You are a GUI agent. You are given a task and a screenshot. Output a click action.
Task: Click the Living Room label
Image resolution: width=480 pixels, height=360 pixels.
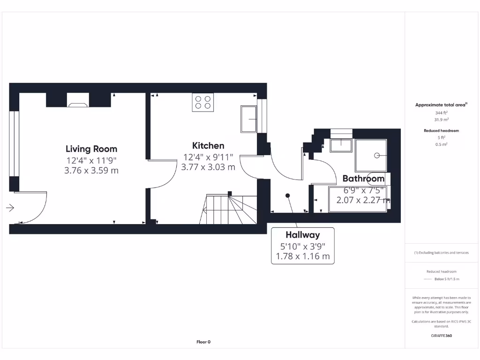pos(91,149)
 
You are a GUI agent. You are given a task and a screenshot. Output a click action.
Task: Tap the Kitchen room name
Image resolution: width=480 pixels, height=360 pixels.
pos(208,146)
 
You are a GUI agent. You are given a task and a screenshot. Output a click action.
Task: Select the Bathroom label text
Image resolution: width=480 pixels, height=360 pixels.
pos(363,179)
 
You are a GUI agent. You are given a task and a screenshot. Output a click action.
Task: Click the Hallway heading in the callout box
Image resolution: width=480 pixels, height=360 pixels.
pos(303,235)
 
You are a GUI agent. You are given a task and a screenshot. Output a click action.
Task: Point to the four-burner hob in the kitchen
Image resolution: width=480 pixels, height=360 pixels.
pos(203,102)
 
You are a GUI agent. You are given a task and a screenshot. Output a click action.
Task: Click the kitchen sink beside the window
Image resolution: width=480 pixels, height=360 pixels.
pos(248,119)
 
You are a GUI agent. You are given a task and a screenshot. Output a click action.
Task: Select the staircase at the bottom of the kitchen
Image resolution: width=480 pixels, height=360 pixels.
pos(230,210)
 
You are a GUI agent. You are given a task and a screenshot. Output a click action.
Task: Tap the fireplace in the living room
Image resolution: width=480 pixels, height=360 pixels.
pos(78,100)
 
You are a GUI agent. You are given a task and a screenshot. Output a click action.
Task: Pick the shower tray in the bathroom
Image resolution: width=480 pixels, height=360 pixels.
pos(371,155)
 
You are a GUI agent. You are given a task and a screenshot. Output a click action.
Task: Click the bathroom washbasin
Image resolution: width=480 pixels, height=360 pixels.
pos(341,145)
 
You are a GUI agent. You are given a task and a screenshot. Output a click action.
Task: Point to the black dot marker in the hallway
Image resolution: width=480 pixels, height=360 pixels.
pos(288,195)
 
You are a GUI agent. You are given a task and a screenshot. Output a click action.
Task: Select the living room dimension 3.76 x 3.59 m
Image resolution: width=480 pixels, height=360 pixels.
pos(91,171)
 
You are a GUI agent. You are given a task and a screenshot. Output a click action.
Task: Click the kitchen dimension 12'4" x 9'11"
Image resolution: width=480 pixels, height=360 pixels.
pos(208,157)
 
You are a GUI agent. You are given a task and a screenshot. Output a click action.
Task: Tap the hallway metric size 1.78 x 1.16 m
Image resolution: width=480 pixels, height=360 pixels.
pos(303,256)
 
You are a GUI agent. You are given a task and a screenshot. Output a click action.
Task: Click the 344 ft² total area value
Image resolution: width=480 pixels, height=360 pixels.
pos(441,113)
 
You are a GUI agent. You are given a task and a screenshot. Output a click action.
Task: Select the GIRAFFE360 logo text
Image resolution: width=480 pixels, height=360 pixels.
pos(441,336)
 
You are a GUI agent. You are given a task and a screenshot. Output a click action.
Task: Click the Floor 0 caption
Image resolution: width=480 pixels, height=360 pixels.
pos(203,342)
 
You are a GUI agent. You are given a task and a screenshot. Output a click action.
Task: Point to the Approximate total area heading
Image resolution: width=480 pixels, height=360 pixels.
pos(441,105)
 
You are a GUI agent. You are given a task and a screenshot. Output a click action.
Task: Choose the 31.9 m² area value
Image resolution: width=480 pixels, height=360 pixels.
pos(441,120)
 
